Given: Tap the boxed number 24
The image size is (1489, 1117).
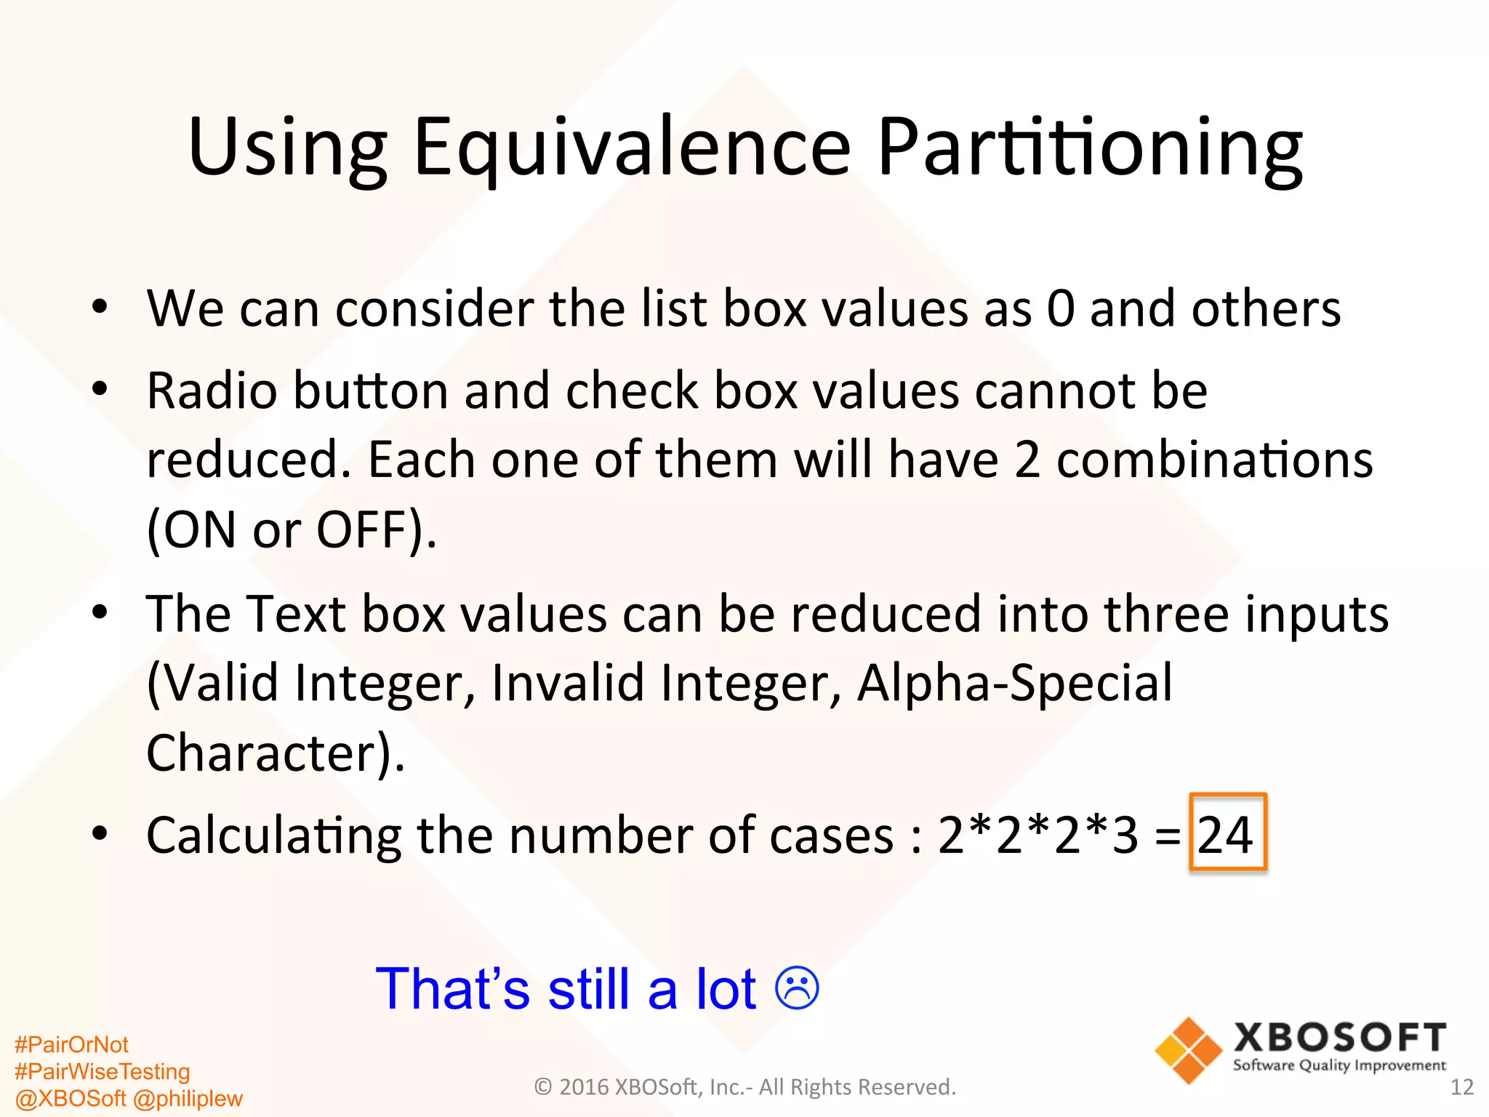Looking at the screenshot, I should click(1227, 833).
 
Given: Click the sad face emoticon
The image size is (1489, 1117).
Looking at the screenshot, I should click(797, 988).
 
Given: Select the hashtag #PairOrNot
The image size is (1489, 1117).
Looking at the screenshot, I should click(71, 1045).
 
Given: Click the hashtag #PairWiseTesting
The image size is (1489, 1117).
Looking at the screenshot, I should click(102, 1072).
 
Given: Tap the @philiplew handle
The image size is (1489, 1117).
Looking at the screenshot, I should click(188, 1099).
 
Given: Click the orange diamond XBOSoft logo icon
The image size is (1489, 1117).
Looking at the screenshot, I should click(1188, 1050).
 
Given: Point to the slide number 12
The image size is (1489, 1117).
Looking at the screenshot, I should click(1461, 1087).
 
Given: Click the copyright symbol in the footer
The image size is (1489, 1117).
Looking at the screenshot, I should click(543, 1087).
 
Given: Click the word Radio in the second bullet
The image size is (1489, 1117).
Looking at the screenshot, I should click(212, 391).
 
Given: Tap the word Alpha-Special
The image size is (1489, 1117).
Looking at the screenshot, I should click(1014, 684).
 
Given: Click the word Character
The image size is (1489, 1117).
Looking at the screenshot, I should click(262, 753).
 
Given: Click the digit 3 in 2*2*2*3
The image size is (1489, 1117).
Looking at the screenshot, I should click(1125, 835).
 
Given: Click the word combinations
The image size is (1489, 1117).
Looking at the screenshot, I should click(1214, 460).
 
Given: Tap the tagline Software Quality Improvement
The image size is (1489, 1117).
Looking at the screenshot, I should click(1339, 1066).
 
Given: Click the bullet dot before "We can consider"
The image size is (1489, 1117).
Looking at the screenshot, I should click(100, 308).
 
